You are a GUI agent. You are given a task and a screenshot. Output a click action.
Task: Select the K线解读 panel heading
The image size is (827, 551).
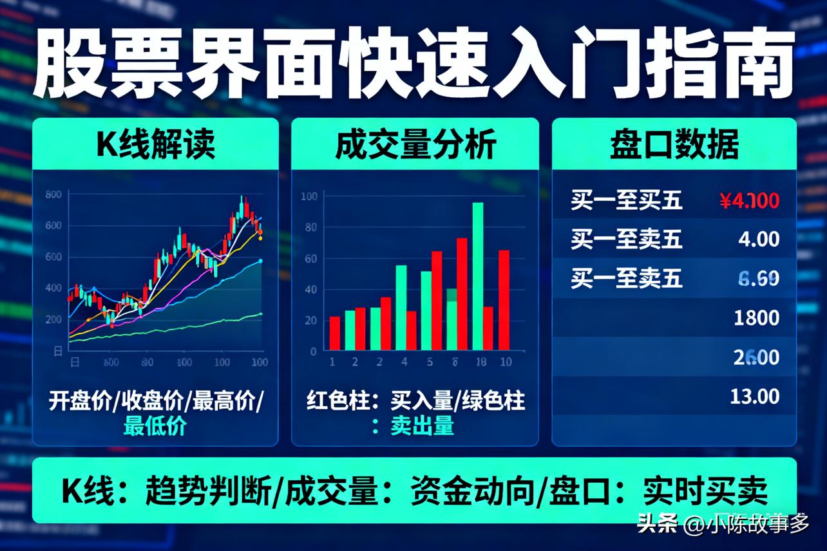[x=156, y=145]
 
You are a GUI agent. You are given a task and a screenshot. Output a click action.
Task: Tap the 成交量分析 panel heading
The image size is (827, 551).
[x=415, y=145]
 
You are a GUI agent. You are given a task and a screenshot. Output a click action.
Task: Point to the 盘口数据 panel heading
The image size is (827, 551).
[x=674, y=145]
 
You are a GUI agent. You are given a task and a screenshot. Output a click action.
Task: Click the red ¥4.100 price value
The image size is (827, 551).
[x=749, y=201]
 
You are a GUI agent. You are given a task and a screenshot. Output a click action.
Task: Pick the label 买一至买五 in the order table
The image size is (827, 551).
[x=626, y=201]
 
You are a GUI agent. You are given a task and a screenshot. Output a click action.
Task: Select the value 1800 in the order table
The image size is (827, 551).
[x=756, y=317]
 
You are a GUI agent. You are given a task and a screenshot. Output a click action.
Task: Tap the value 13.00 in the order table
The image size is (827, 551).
[x=755, y=396]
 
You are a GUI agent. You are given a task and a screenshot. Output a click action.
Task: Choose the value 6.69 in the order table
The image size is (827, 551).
[x=758, y=279]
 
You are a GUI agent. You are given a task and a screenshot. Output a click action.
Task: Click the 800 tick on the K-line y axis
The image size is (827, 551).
[x=54, y=194]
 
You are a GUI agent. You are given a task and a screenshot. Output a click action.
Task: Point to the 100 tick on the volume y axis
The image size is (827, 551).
[x=309, y=196]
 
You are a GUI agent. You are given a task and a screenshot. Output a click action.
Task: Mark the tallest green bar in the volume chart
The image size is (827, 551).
[x=478, y=275]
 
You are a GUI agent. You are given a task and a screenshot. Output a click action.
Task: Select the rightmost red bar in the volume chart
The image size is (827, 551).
[x=504, y=300]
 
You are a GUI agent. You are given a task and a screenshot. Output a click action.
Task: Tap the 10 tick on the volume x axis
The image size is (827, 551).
[x=506, y=362]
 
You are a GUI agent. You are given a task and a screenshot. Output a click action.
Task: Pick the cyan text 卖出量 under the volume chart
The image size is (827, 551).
[x=422, y=425]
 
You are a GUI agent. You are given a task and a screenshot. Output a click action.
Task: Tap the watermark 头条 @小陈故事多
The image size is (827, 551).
[x=723, y=525]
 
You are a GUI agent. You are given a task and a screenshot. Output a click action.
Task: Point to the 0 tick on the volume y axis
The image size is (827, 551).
[x=314, y=351]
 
